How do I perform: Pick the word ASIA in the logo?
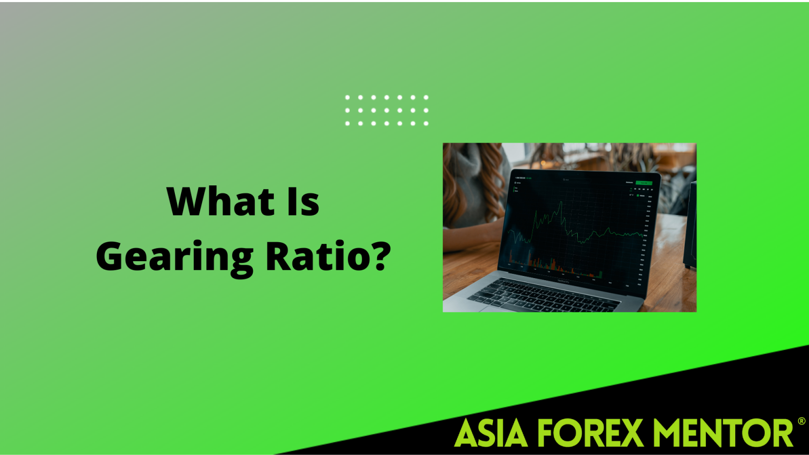(490, 433)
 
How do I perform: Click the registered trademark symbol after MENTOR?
(801, 421)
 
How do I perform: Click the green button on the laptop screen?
(643, 183)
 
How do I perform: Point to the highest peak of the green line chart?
(560, 202)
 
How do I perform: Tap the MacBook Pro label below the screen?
(563, 281)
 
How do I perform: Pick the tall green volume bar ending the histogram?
(600, 273)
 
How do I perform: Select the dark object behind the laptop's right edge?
(690, 226)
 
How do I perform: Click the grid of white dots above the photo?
(387, 111)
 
